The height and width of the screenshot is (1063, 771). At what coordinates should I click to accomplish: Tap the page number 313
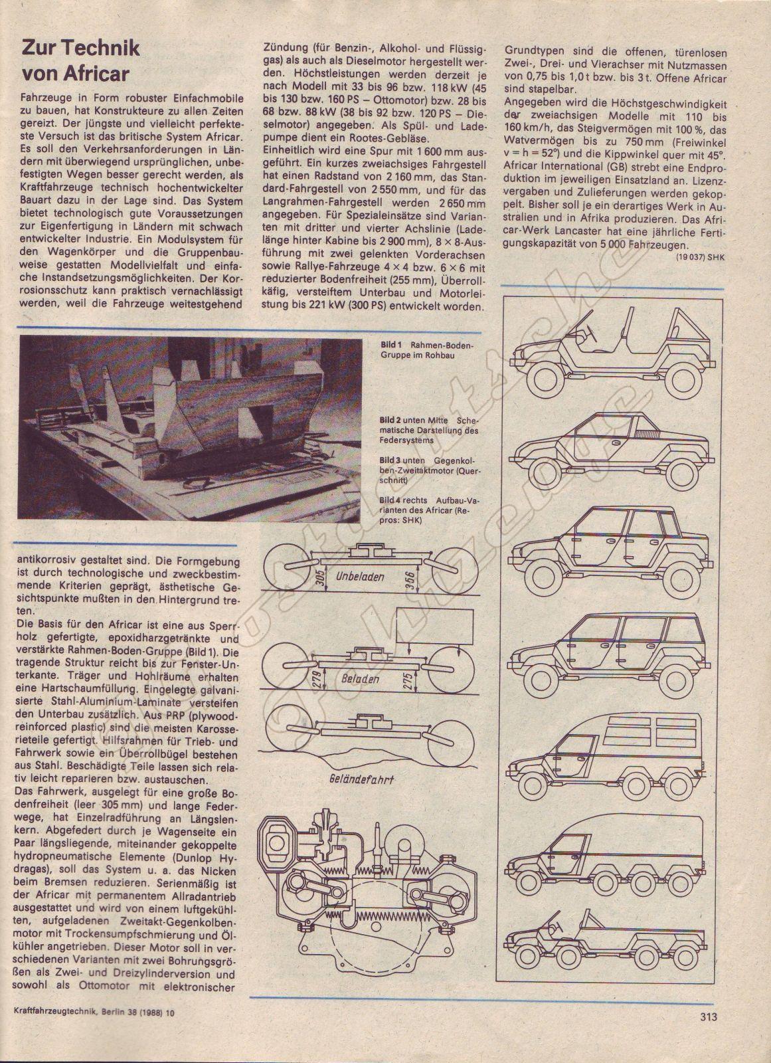click(x=707, y=1026)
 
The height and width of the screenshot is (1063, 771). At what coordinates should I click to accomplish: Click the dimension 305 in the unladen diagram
click(x=320, y=577)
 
